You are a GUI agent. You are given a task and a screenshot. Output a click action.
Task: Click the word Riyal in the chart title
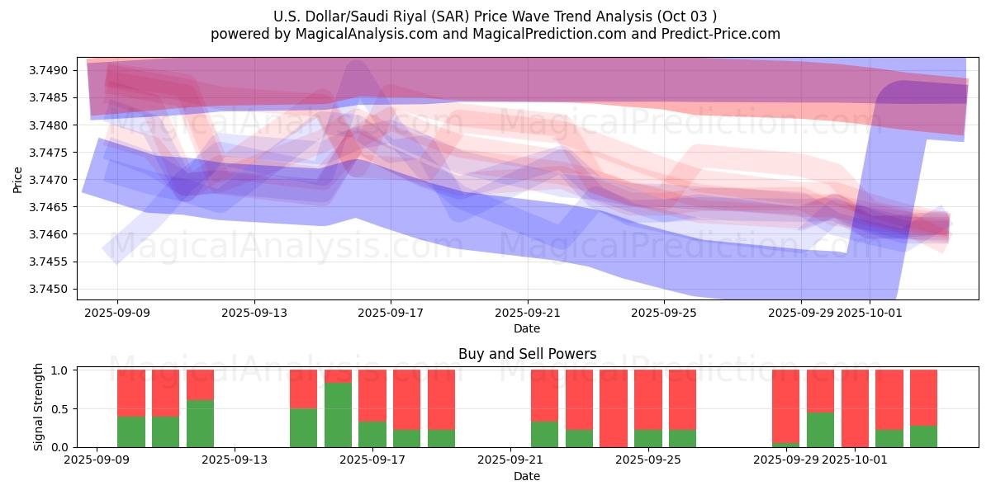[x=406, y=16]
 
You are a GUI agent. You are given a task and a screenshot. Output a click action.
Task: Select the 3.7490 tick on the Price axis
[x=51, y=71]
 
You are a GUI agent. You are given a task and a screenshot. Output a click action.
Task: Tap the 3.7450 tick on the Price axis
[x=51, y=290]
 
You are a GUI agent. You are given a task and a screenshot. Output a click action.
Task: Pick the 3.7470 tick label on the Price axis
[x=51, y=180]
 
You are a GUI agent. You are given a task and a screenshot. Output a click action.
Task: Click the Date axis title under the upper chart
[x=527, y=328]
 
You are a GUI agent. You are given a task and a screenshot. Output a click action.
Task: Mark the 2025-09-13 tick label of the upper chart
[x=254, y=313]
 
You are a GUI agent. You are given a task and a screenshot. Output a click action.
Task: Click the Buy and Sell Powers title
[x=527, y=354]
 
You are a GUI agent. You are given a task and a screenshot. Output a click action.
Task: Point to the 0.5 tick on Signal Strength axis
[x=61, y=409]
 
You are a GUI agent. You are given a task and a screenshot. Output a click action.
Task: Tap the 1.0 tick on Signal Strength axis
[x=61, y=370]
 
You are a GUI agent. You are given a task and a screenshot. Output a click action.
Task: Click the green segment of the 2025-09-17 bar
[x=372, y=435]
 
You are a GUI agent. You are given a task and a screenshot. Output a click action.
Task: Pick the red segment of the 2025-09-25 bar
[x=648, y=399]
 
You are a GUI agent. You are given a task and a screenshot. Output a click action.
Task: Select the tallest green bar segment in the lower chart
[x=338, y=415]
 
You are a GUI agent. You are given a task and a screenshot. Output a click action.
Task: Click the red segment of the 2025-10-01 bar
[x=855, y=408]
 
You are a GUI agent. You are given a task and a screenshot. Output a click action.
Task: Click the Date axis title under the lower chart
[x=527, y=476]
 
